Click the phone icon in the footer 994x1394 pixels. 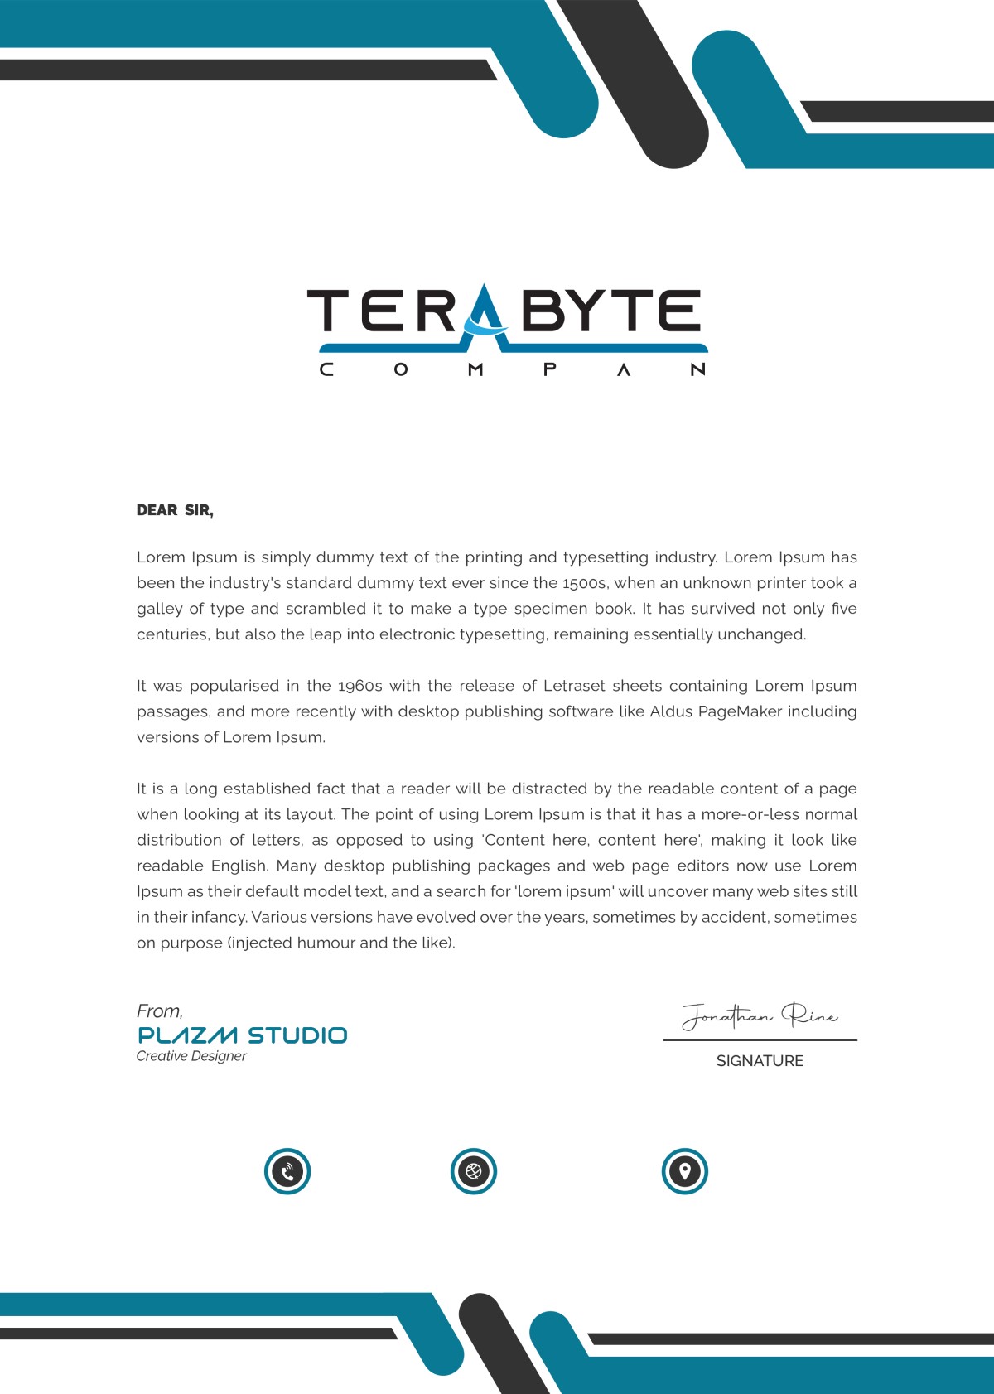click(x=287, y=1171)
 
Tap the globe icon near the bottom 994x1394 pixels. click(x=474, y=1171)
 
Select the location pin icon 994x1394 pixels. click(x=685, y=1171)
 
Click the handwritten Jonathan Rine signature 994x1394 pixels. click(x=760, y=1015)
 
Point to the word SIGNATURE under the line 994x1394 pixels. click(x=760, y=1061)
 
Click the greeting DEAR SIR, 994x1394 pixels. click(x=175, y=510)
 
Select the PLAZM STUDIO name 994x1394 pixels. click(x=242, y=1035)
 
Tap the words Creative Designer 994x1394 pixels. click(x=191, y=1056)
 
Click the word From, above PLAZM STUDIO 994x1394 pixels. click(x=160, y=1011)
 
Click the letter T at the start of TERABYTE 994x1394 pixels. click(x=329, y=311)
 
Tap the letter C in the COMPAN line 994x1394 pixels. click(x=326, y=369)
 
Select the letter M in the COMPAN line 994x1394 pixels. click(x=475, y=369)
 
